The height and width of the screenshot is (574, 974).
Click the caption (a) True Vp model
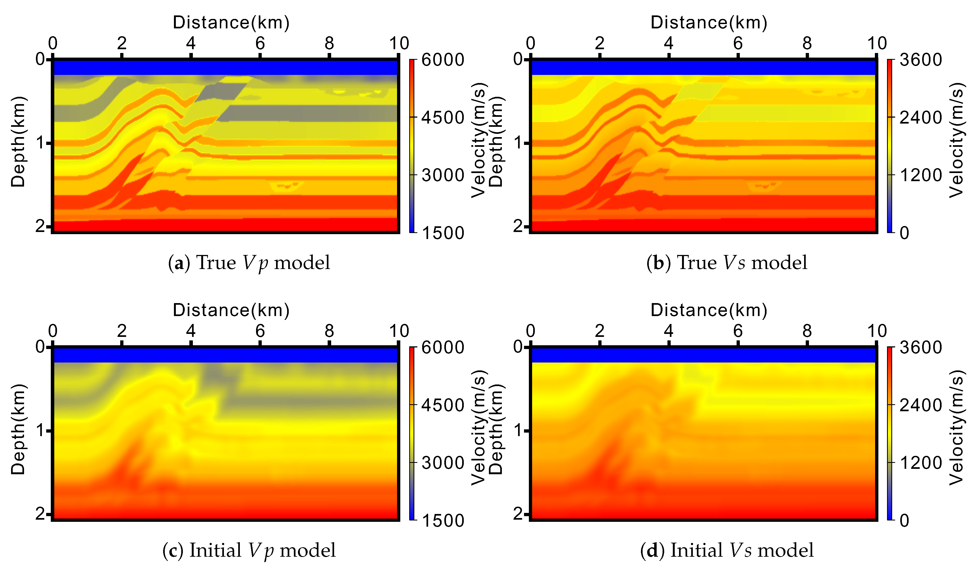[249, 263]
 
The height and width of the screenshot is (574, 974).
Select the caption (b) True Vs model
[727, 263]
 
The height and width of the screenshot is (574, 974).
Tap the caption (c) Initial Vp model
[249, 550]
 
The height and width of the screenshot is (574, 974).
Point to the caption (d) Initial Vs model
[727, 550]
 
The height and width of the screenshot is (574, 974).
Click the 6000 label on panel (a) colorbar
[442, 60]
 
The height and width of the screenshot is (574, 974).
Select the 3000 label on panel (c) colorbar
[442, 463]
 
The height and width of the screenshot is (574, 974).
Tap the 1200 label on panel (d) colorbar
[921, 463]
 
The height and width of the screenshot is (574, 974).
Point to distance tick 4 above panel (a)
[191, 43]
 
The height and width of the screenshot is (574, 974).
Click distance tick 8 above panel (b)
[807, 43]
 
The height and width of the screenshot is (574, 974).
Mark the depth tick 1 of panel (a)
[40, 143]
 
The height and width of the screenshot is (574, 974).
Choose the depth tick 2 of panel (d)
[518, 514]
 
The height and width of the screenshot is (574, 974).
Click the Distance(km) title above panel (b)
[709, 22]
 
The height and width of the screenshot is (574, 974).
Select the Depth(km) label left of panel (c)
[18, 429]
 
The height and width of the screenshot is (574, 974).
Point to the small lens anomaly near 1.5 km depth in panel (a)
[286, 186]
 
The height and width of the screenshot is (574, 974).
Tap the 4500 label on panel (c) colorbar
[442, 405]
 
